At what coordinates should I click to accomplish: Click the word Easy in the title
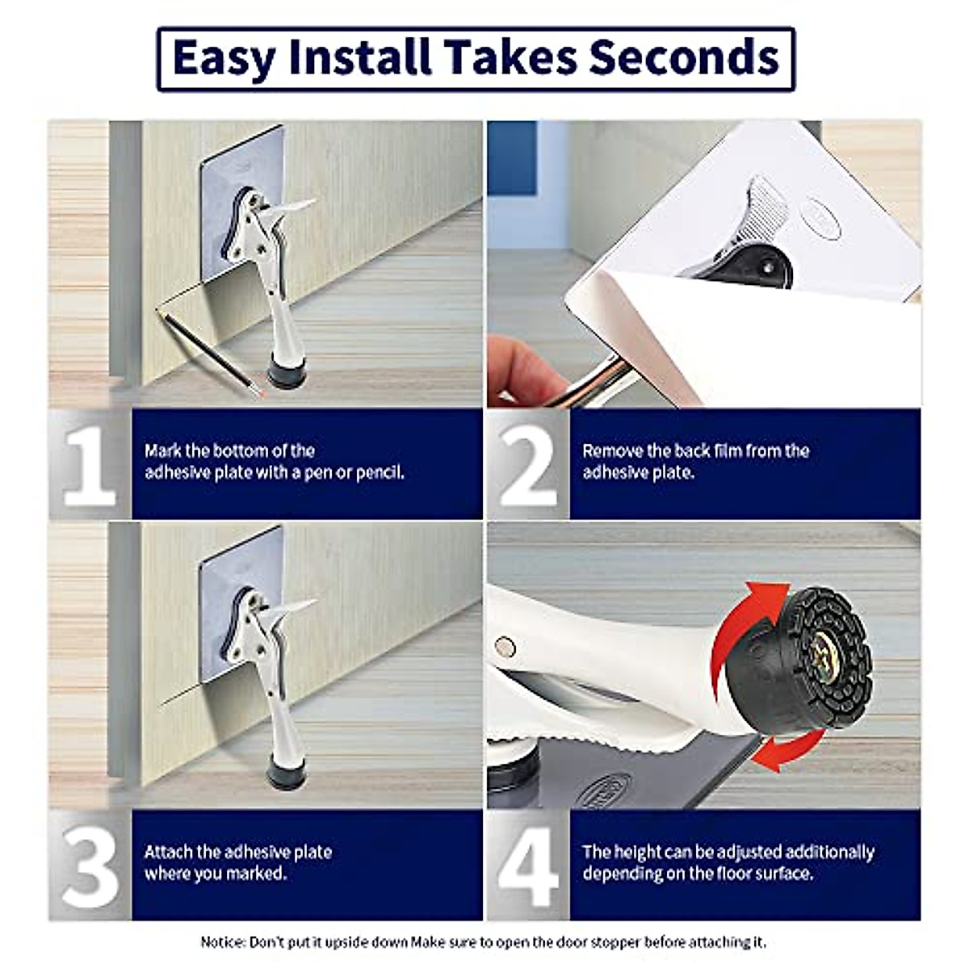[x=224, y=58]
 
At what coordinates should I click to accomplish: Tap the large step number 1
[x=89, y=466]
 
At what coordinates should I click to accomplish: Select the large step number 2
[x=527, y=466]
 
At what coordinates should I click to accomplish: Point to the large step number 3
[x=89, y=866]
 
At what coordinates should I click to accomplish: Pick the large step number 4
[x=527, y=866]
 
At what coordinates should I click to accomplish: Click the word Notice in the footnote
[x=223, y=942]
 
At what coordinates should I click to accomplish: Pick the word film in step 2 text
[x=725, y=451]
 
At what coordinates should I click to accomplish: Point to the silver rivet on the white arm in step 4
[x=505, y=646]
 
